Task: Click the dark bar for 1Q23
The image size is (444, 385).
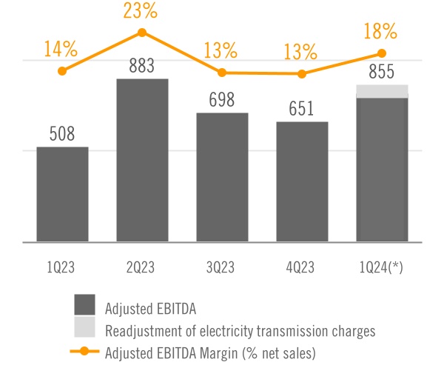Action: [x=62, y=194]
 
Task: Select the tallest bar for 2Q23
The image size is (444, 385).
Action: [x=142, y=160]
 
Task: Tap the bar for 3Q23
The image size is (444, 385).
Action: [x=222, y=177]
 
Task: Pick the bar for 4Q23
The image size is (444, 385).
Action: [x=302, y=181]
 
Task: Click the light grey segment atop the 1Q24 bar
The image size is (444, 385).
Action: [x=382, y=91]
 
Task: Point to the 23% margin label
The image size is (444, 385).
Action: [x=142, y=11]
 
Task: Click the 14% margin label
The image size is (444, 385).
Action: [x=61, y=50]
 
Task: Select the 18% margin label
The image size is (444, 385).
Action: [x=381, y=32]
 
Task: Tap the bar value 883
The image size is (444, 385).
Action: [x=141, y=66]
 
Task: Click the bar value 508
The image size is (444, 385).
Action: [x=62, y=134]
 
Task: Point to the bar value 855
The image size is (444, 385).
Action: [x=382, y=73]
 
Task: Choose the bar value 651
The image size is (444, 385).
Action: [x=302, y=109]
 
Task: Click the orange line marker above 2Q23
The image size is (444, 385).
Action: [x=142, y=33]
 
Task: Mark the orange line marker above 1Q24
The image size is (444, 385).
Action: [x=382, y=53]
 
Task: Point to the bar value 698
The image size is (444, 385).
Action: [x=222, y=101]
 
